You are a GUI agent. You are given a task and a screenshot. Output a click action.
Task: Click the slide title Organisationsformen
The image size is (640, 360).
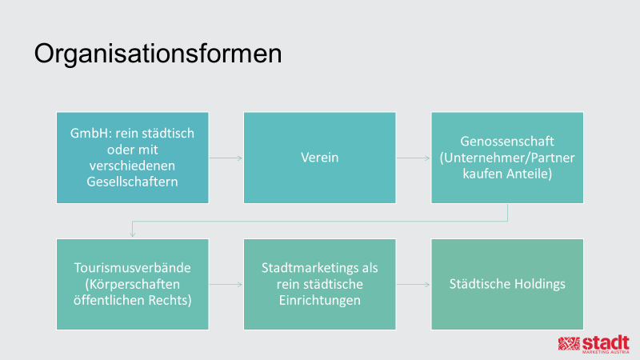[158, 54]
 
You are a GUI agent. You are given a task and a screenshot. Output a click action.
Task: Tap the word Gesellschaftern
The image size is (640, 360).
[132, 182]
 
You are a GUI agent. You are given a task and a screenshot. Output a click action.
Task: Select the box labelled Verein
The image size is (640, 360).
[319, 158]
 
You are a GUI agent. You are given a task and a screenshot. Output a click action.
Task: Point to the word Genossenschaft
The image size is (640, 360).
[507, 142]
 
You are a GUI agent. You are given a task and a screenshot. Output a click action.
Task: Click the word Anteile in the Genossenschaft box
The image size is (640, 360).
[530, 174]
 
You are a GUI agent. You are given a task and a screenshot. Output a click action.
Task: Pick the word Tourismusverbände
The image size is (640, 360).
[132, 268]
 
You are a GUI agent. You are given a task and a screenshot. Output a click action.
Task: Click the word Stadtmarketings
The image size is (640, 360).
[310, 268]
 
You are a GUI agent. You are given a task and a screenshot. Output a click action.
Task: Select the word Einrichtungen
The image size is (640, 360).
[319, 300]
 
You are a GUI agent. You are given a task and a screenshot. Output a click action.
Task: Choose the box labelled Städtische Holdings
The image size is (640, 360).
[507, 284]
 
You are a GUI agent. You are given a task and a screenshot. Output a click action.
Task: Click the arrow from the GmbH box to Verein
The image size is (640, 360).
[226, 158]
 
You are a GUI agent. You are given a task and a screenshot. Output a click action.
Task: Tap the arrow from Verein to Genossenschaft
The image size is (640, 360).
[413, 158]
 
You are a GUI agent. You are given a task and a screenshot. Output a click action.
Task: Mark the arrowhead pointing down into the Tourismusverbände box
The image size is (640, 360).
[132, 234]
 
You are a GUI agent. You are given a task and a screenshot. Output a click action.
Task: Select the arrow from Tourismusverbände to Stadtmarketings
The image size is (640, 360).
[226, 285]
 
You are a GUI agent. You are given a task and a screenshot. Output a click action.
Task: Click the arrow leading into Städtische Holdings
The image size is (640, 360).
[413, 285]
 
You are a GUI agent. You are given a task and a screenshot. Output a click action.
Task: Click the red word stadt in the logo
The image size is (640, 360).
[606, 342]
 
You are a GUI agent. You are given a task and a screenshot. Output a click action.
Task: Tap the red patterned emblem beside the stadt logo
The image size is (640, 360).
[569, 344]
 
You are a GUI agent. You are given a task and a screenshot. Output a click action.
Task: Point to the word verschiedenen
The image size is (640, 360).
[132, 166]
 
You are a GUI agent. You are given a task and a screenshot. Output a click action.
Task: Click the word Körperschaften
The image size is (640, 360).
[132, 284]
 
